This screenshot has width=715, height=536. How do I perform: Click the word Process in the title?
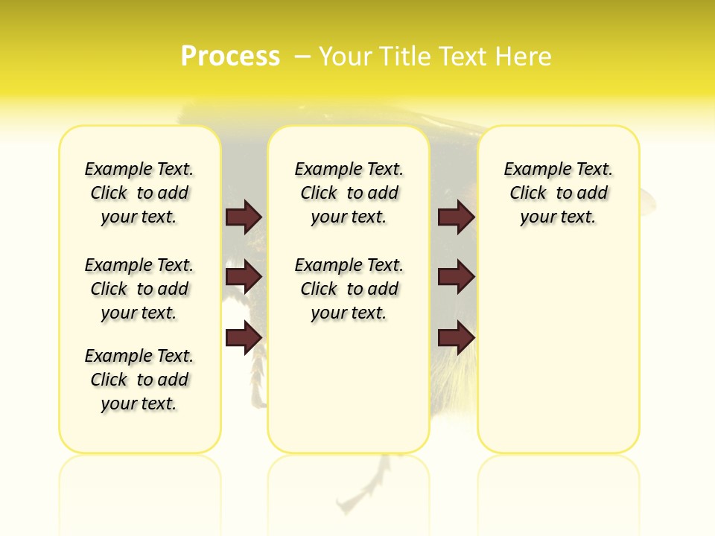click(x=230, y=56)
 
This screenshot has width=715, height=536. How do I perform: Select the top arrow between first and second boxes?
click(x=243, y=217)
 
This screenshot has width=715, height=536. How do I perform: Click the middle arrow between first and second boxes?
click(x=243, y=277)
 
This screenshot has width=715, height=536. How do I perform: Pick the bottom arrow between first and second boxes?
click(x=243, y=336)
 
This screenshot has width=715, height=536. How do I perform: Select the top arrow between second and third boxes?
click(x=456, y=217)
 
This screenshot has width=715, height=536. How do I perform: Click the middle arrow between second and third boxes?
click(x=456, y=277)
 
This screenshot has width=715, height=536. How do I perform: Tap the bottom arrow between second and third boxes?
click(x=456, y=336)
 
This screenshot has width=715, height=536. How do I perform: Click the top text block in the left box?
click(x=139, y=193)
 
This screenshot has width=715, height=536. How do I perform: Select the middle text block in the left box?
click(x=139, y=289)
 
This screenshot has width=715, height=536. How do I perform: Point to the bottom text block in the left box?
click(x=139, y=380)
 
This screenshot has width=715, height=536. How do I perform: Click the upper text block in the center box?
click(x=349, y=193)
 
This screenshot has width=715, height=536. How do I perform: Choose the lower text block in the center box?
click(x=349, y=289)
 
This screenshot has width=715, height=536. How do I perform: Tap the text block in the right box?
click(x=558, y=193)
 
